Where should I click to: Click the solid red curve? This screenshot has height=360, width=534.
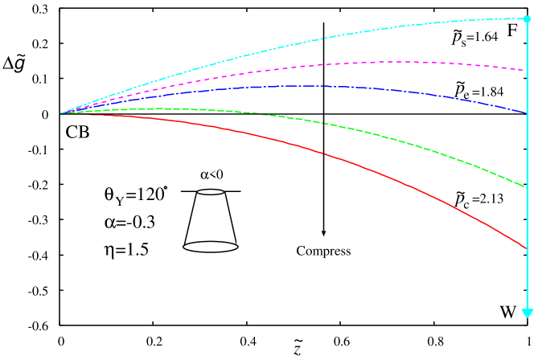pos(322,152)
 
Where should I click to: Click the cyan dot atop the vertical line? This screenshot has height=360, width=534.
pos(527,18)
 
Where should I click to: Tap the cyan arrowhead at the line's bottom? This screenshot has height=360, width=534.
pos(527,313)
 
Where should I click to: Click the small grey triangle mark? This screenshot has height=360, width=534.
pos(323,234)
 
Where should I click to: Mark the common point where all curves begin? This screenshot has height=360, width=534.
pos(60,112)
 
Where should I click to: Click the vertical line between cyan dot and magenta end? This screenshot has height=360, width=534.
pos(527,44)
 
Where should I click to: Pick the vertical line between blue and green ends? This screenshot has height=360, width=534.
pos(527,150)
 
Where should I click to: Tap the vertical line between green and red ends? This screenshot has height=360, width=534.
pos(527,218)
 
